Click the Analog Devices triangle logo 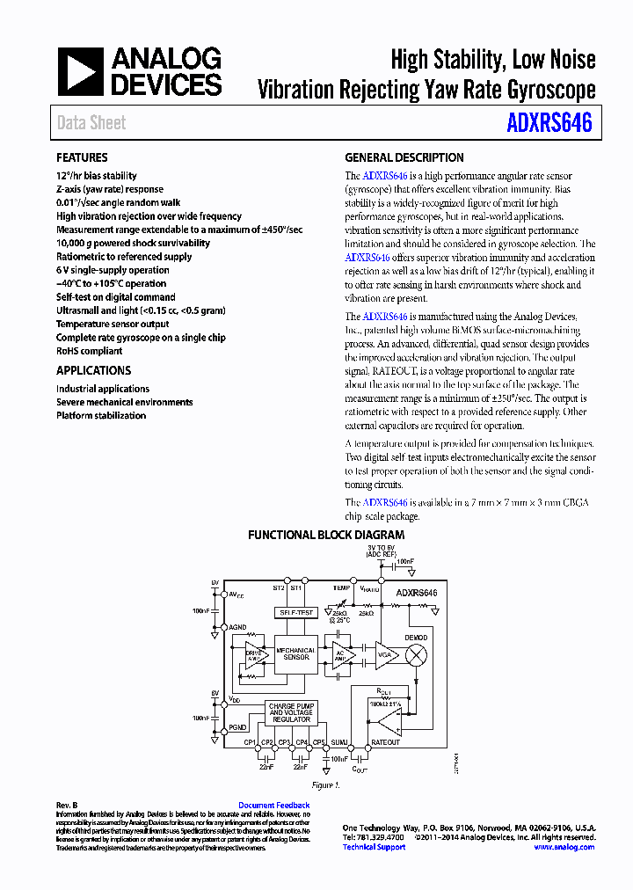tap(81, 71)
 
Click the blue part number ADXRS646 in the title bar tap(549, 122)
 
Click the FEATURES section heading tap(82, 157)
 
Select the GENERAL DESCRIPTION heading tap(404, 157)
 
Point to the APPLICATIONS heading tap(93, 370)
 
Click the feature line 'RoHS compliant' tap(89, 351)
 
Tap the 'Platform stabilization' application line tap(101, 415)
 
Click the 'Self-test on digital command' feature tap(115, 297)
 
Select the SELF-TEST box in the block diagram tap(295, 612)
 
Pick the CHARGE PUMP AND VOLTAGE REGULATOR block tap(291, 713)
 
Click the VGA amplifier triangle tap(385, 653)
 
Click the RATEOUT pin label tap(385, 742)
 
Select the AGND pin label tap(238, 627)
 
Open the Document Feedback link tap(273, 805)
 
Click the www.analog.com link tap(564, 847)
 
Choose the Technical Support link tap(374, 847)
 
